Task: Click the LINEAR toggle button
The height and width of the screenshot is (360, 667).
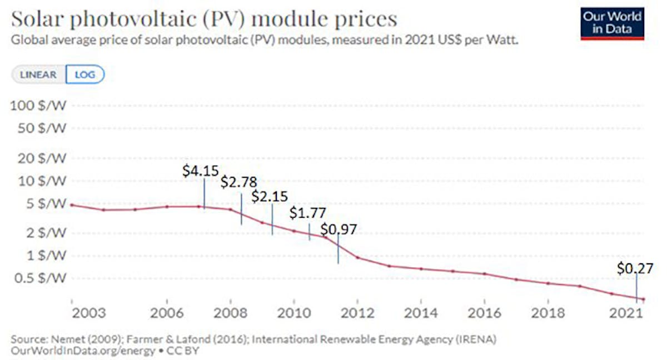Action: pyautogui.click(x=38, y=74)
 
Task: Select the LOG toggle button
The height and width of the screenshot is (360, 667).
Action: pyautogui.click(x=85, y=74)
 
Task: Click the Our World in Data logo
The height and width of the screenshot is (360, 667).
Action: pyautogui.click(x=612, y=23)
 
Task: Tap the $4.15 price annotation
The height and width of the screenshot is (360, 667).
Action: pyautogui.click(x=201, y=171)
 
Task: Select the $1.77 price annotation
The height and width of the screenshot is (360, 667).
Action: pyautogui.click(x=307, y=214)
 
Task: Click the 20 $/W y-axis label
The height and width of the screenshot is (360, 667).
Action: pyautogui.click(x=42, y=158)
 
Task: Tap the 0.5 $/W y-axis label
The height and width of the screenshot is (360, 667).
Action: pyautogui.click(x=41, y=278)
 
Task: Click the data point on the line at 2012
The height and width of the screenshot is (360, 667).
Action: pyautogui.click(x=357, y=258)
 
